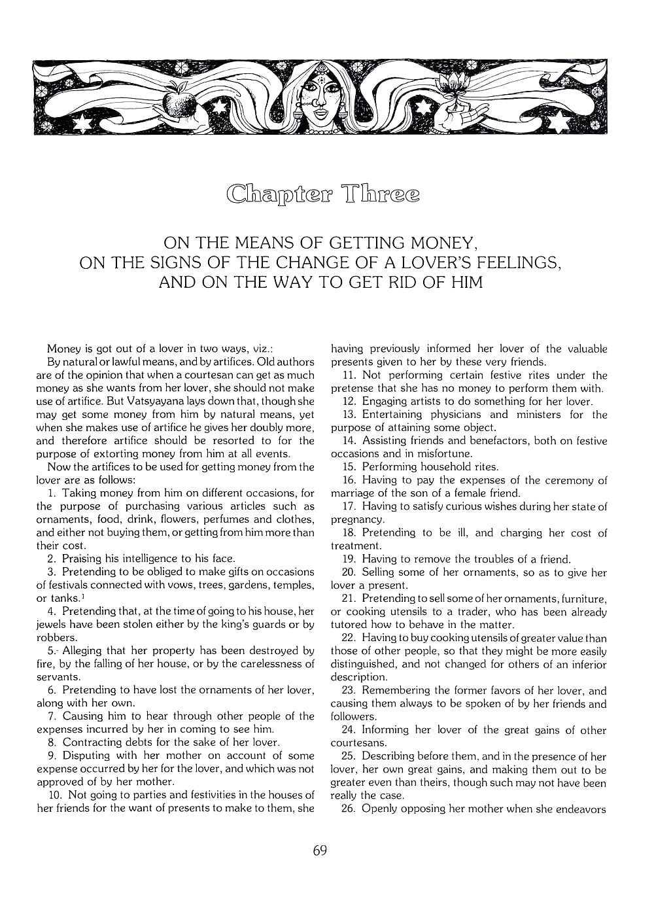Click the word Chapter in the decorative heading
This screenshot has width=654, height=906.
[x=278, y=195]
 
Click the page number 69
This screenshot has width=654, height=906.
[x=320, y=850]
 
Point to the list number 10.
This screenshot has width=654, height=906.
[x=55, y=795]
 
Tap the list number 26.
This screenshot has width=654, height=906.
[x=349, y=809]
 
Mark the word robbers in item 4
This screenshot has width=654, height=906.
[x=56, y=638]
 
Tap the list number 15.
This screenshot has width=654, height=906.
[x=349, y=467]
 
